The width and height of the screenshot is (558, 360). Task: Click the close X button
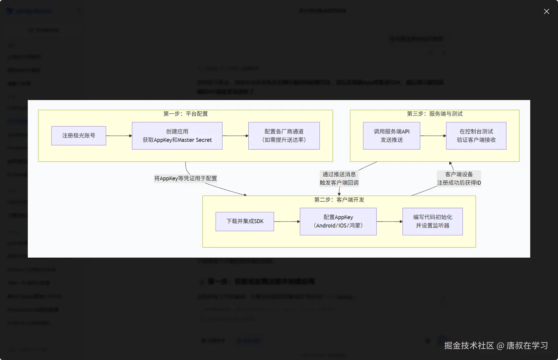546,11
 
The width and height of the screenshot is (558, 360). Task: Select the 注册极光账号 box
79,136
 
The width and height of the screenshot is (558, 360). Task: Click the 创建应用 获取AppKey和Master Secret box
177,136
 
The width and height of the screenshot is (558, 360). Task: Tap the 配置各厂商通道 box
284,136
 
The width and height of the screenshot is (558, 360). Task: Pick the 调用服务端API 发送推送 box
391,136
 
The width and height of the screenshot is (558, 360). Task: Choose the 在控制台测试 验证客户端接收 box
476,136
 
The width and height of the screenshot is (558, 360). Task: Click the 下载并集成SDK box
245,221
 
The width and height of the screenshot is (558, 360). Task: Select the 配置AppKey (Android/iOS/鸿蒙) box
338,221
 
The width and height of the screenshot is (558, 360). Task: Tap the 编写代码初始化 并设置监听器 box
432,221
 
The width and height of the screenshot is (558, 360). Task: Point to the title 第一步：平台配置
185,114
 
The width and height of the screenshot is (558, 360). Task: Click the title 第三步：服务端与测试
434,114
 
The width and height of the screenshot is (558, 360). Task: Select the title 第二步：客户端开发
339,200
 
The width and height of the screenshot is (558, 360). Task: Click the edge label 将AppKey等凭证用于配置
185,178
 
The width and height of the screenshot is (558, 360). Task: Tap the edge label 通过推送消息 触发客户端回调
339,178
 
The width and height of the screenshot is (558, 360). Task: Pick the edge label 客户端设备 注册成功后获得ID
459,178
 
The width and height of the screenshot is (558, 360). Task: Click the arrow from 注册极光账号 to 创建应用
119,136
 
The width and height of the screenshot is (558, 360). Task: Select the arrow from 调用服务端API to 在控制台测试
433,136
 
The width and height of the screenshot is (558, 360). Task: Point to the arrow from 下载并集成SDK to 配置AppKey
287,221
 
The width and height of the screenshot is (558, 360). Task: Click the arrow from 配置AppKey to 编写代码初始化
389,221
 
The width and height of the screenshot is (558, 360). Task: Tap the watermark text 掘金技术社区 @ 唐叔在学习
496,346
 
